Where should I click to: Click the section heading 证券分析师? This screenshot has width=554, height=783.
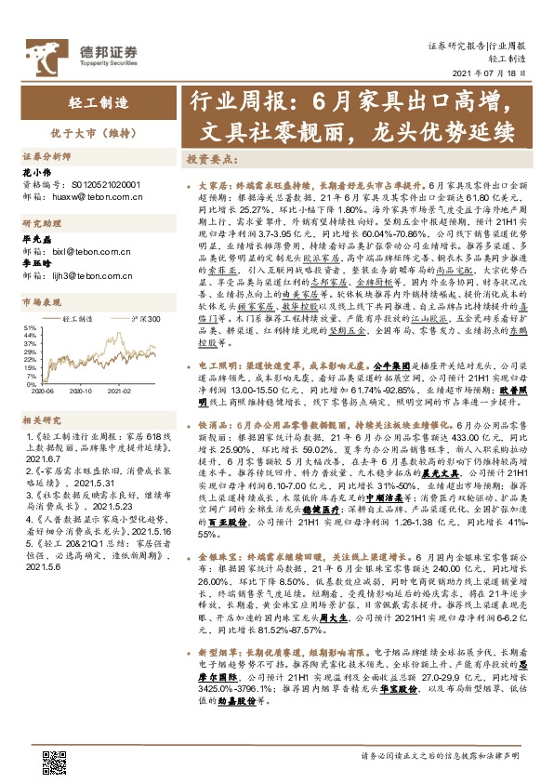[46, 157]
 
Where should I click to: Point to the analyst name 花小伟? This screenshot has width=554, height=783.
[33, 173]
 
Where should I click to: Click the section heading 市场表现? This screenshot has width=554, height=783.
[41, 302]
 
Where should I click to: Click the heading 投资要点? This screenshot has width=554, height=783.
[209, 159]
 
